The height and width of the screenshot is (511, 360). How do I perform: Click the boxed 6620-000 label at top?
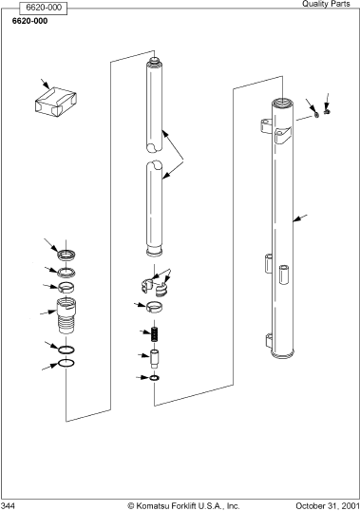point(44,8)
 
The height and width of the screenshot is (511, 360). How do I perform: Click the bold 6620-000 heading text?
point(30,21)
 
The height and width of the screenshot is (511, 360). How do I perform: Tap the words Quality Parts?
point(326,4)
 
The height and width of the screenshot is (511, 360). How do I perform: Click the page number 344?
point(8,506)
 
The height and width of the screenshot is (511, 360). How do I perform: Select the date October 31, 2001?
point(328,506)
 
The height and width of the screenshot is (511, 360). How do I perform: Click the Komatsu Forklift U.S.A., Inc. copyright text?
point(183,506)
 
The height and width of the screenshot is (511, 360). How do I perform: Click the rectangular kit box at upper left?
point(56,102)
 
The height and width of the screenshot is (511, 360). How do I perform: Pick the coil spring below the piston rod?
point(155,334)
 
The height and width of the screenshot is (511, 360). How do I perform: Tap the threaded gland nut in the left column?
point(66,315)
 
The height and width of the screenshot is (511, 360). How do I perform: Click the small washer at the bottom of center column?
point(155,378)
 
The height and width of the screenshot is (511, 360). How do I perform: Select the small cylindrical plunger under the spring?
point(155,358)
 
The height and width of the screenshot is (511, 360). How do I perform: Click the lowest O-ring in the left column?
point(66,363)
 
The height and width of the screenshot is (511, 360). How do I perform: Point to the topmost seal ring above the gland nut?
point(66,255)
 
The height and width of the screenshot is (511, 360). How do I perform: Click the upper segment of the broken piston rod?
point(154,104)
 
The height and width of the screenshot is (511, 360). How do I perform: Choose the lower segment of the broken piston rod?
point(154,209)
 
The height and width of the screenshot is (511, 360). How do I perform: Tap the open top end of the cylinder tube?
point(283,103)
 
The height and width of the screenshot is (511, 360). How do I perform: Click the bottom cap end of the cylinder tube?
point(282,354)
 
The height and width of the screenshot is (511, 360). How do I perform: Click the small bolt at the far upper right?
point(328,111)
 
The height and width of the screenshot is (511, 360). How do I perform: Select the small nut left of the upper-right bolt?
point(316,114)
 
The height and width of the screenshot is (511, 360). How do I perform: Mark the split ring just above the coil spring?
point(155,308)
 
